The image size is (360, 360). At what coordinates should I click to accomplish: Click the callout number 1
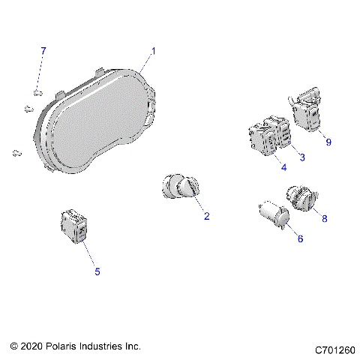tap(154, 51)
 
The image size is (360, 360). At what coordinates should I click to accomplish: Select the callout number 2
tap(206, 217)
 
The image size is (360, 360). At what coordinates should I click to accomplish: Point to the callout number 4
tap(284, 167)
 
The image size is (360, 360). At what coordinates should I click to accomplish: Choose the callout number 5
tap(97, 271)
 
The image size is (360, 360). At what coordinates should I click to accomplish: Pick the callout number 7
tap(43, 51)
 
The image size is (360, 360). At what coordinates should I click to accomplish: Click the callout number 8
tap(325, 220)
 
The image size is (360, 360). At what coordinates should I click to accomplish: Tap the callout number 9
tap(328, 139)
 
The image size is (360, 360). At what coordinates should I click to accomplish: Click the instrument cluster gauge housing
tap(94, 124)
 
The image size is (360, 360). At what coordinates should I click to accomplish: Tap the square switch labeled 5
tap(74, 227)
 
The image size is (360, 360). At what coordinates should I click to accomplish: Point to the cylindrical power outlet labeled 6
tap(273, 215)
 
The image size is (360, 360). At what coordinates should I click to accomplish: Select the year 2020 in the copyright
tap(33, 346)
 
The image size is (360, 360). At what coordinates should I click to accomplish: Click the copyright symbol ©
tap(14, 346)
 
